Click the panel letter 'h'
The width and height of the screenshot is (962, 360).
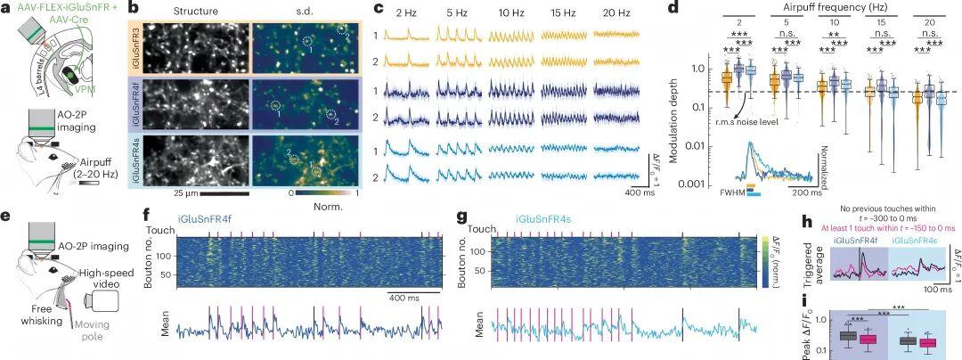806,222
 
